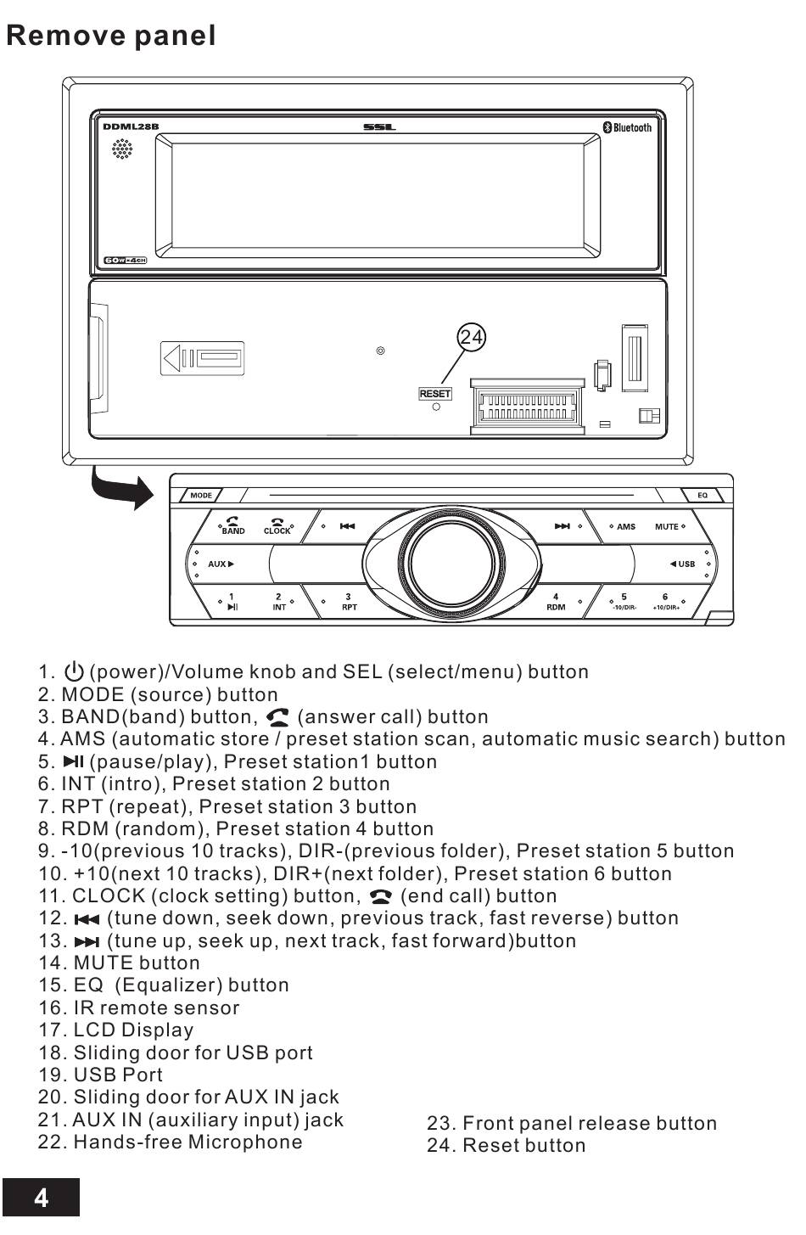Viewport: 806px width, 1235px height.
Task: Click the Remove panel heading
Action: (111, 36)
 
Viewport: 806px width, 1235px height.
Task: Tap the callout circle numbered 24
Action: (472, 338)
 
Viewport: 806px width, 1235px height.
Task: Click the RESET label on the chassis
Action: (434, 394)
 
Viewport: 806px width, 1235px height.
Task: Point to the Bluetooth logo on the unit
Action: (628, 127)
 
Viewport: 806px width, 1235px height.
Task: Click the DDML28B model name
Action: (131, 127)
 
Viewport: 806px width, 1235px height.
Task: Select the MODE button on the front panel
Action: (201, 495)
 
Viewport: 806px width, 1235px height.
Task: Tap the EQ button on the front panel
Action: (702, 495)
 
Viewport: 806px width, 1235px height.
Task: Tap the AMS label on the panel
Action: (626, 526)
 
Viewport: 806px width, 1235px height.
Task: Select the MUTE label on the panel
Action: (667, 526)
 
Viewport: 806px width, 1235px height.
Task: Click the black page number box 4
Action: (41, 1198)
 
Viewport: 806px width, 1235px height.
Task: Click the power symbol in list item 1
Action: (75, 671)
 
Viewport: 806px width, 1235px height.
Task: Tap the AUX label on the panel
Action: (218, 564)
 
